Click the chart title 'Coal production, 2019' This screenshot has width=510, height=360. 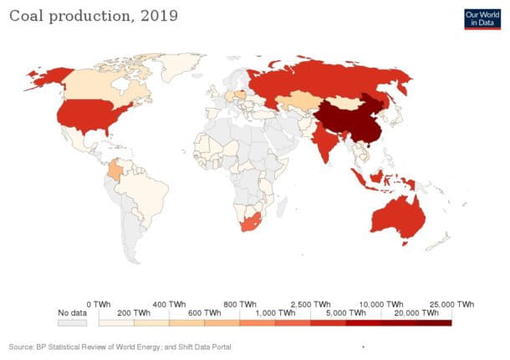coord(93,16)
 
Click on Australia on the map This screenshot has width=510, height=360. coord(396,213)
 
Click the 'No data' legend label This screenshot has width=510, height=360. coord(72,312)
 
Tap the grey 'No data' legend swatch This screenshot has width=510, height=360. coord(72,322)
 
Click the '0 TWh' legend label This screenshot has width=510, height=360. coord(99,303)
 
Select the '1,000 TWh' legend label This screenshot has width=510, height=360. coord(275,312)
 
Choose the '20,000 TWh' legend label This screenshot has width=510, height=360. coord(416,312)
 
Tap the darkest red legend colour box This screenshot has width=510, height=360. coord(434,322)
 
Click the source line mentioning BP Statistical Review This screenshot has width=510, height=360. coord(120,346)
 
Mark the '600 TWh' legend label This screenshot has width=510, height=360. coord(204,312)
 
